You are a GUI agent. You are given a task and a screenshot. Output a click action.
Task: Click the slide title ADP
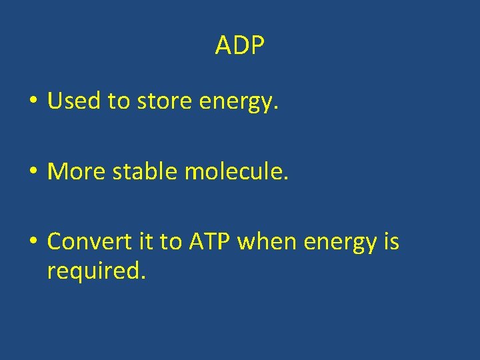tap(240, 46)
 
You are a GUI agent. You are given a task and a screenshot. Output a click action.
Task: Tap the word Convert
tap(86, 241)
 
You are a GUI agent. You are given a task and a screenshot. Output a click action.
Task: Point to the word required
tap(94, 271)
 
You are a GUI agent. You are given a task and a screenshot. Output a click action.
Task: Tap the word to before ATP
tap(169, 242)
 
